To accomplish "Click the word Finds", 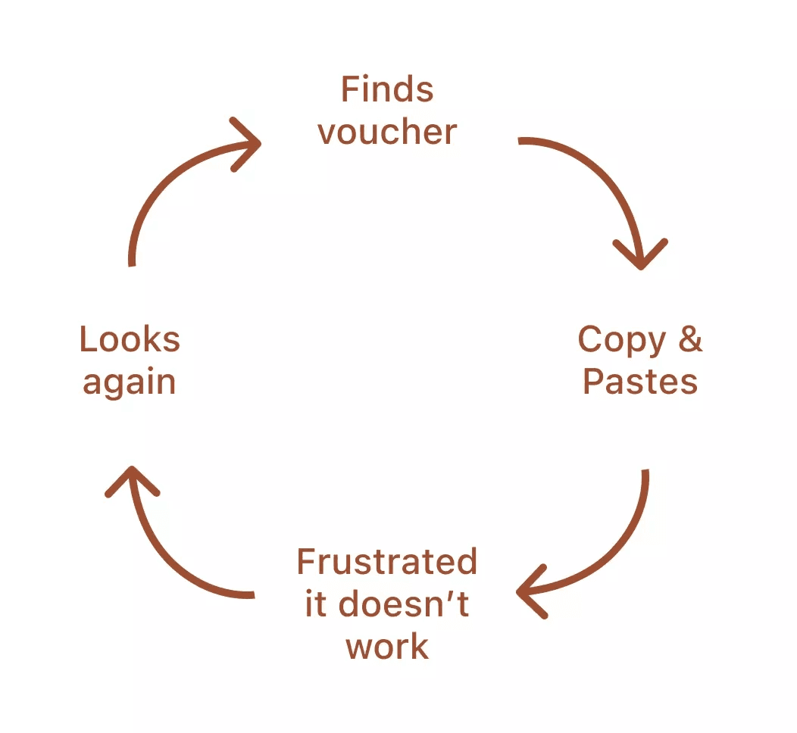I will [x=387, y=90].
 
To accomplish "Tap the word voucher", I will [x=387, y=133].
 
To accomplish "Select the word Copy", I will [x=622, y=342].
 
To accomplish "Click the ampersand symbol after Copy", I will [x=690, y=339].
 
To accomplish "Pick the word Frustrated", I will [x=386, y=563].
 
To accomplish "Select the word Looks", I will [x=130, y=339].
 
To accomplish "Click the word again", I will [x=130, y=382].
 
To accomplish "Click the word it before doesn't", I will [x=316, y=605].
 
